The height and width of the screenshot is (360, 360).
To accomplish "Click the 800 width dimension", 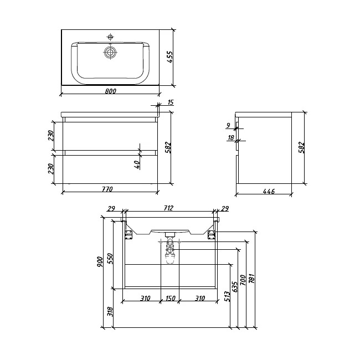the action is [111, 91].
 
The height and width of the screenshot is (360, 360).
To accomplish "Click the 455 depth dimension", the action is [169, 57].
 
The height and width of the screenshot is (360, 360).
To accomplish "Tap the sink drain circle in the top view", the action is [110, 53].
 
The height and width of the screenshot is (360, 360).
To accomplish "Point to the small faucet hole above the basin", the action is [110, 37].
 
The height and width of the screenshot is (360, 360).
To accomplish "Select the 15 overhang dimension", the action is [171, 102].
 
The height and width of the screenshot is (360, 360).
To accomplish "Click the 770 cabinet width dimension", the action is [107, 189].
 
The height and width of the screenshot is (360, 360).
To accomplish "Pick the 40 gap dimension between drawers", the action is [137, 164].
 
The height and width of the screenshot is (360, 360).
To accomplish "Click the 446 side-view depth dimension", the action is [269, 191].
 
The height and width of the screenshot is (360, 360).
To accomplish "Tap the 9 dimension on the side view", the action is [228, 125].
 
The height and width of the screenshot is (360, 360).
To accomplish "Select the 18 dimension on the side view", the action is [231, 137].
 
